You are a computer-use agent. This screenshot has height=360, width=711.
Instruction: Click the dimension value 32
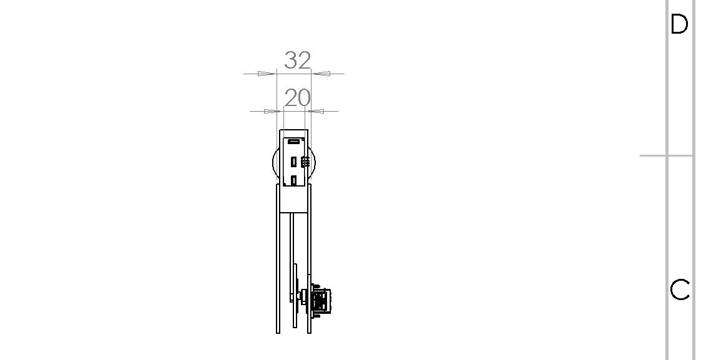point(298,61)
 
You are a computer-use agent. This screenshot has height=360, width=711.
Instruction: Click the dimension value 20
point(298,98)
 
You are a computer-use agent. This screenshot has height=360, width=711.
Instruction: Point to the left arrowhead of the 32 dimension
point(267,74)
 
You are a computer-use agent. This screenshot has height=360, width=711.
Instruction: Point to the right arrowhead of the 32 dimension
point(321,74)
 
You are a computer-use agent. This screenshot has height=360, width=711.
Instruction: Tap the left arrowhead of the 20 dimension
point(273,111)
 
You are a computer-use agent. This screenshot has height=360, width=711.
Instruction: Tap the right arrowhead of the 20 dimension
point(315,111)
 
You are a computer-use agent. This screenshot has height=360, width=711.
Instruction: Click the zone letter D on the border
point(679,24)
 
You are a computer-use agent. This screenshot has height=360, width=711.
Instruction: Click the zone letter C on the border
point(680,289)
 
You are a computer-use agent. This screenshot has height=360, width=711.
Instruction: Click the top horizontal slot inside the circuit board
point(294,142)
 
